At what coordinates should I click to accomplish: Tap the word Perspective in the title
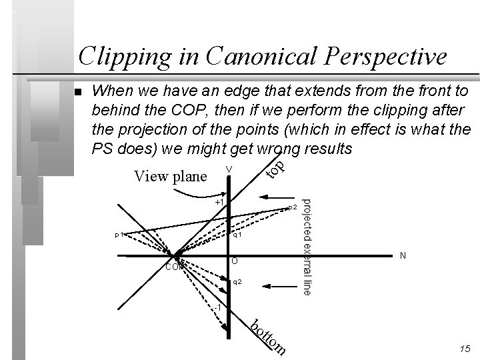[386, 57]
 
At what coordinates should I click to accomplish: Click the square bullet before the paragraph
[78, 92]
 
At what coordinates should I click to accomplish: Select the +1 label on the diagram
[220, 201]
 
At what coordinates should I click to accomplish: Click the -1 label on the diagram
[217, 307]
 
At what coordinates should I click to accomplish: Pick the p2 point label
[291, 208]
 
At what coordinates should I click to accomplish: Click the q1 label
[237, 235]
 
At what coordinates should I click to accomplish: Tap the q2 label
[237, 283]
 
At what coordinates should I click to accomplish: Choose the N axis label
[401, 255]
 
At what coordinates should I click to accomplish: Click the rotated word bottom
[269, 337]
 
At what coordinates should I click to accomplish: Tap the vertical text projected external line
[306, 247]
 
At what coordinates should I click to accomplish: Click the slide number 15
[465, 349]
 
